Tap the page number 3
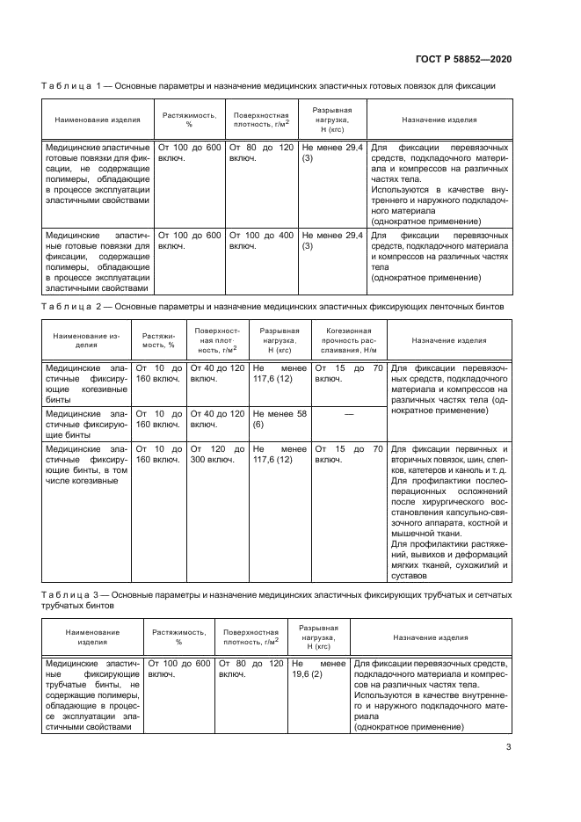click(x=509, y=749)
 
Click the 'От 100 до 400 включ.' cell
click(x=262, y=242)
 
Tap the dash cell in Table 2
click(x=349, y=412)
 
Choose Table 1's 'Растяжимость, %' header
click(x=189, y=120)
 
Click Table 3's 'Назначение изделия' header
click(x=430, y=637)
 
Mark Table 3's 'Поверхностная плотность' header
click(x=251, y=637)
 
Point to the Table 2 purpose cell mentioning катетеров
click(x=448, y=510)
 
